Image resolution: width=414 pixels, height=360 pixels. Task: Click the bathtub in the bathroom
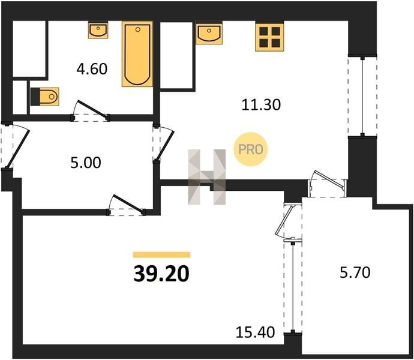(x=137, y=54)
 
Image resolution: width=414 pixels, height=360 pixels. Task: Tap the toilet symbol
(x=44, y=97)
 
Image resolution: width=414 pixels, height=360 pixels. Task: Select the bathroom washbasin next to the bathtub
(x=98, y=31)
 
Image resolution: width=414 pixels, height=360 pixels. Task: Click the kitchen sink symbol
(x=209, y=33)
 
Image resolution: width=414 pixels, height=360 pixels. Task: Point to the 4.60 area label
(x=92, y=69)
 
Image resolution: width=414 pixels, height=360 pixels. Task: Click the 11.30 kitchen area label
(x=261, y=104)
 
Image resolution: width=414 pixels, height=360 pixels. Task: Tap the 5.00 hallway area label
(x=86, y=163)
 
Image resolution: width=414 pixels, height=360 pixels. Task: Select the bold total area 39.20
(x=161, y=274)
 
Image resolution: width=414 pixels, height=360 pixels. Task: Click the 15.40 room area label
(x=256, y=332)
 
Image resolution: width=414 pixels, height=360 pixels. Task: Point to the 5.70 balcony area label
(x=355, y=272)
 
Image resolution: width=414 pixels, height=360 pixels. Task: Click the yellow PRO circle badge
(x=251, y=149)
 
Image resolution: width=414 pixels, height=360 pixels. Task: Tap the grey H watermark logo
(x=207, y=177)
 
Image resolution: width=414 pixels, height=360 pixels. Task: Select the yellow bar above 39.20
(x=161, y=254)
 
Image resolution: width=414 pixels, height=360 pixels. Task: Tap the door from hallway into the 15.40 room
(x=127, y=205)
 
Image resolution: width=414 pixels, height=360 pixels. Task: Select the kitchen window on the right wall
(x=362, y=96)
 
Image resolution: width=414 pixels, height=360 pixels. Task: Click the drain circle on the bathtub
(x=137, y=29)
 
